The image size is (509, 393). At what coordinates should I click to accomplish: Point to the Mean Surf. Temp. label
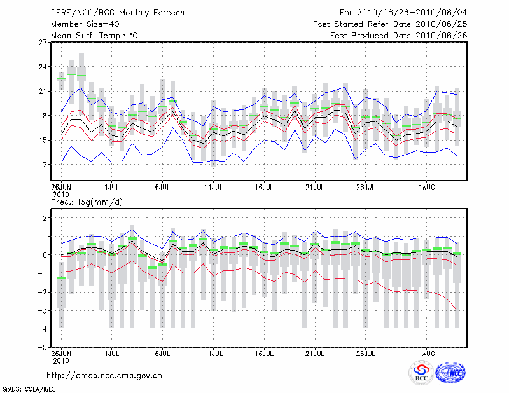point(94,35)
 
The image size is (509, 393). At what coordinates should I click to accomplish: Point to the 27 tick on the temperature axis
point(43,43)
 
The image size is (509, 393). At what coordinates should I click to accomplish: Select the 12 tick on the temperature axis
point(43,164)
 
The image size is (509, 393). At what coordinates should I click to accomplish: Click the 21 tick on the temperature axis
point(43,91)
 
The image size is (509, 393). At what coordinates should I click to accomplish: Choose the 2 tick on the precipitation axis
point(45,218)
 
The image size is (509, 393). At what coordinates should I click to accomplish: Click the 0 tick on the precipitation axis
point(45,255)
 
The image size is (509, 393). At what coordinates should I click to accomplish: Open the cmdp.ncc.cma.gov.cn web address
point(104,375)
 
